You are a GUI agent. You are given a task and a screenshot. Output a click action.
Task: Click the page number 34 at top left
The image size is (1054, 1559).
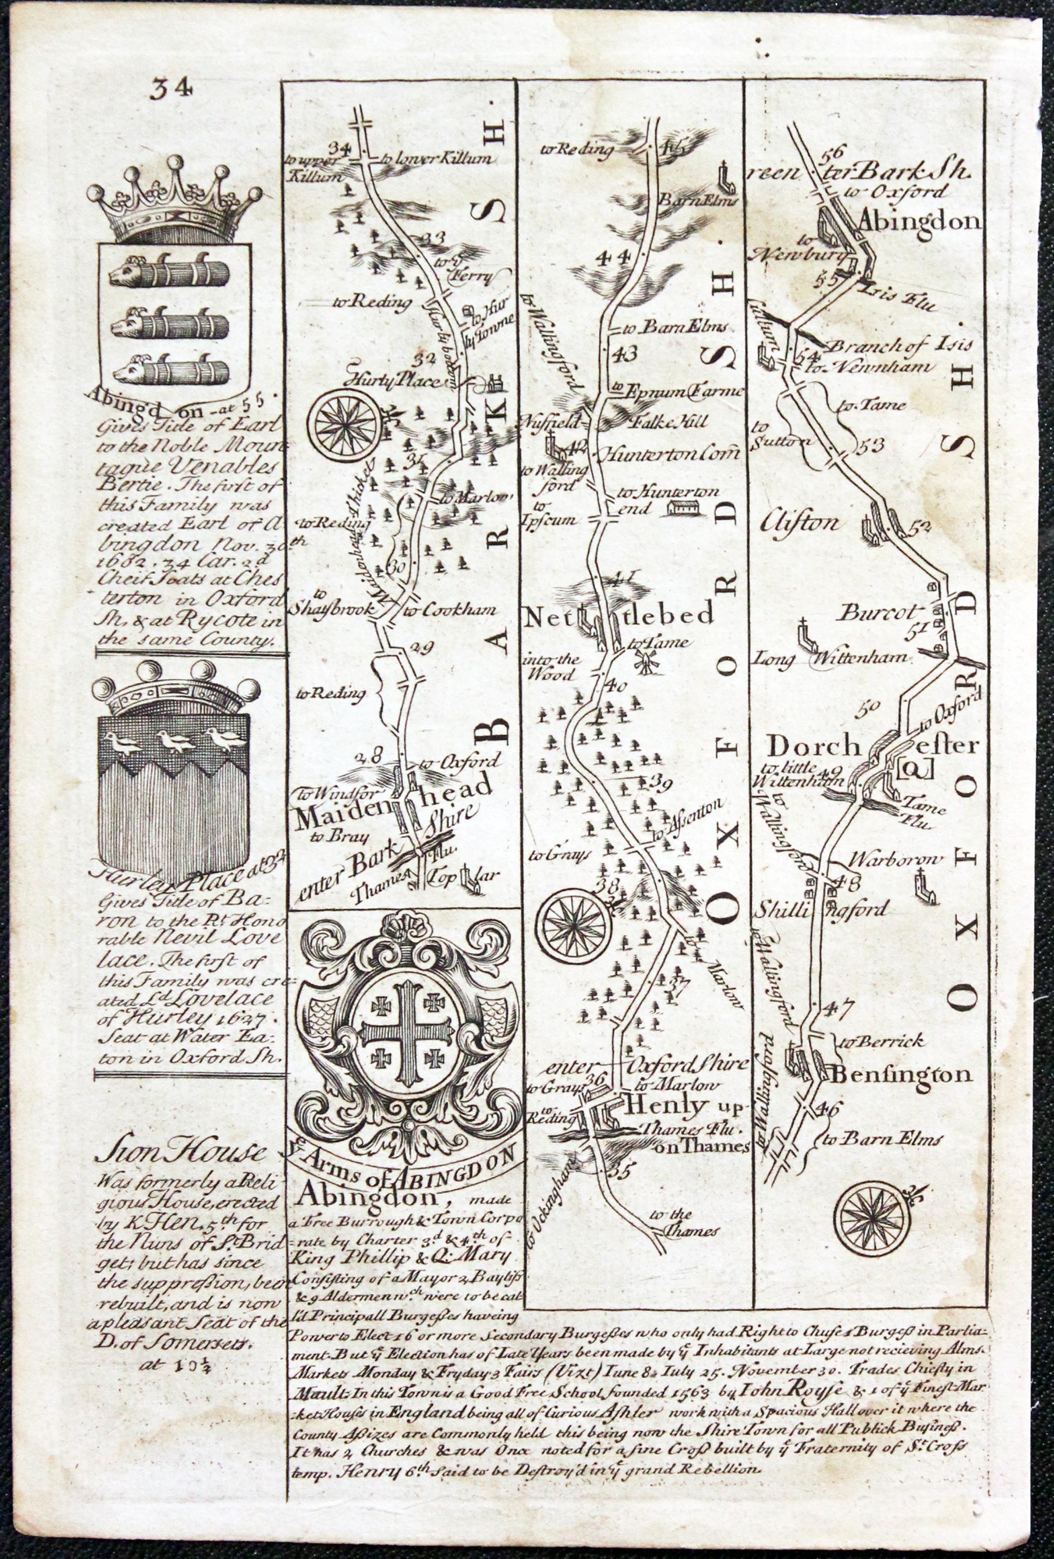tap(172, 88)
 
